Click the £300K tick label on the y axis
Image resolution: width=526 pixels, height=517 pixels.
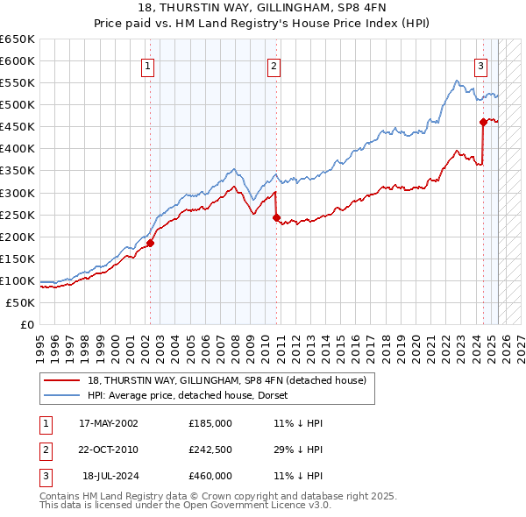pyautogui.click(x=17, y=193)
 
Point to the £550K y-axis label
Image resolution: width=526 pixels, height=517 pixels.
pyautogui.click(x=17, y=83)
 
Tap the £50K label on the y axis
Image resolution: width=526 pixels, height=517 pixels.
pyautogui.click(x=20, y=302)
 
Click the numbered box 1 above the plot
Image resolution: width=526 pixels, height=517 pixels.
pyautogui.click(x=147, y=66)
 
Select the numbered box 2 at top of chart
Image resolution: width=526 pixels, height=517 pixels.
pyautogui.click(x=274, y=66)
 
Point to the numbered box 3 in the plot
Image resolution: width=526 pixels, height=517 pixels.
pyautogui.click(x=481, y=66)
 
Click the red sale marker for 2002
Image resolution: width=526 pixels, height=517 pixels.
pyautogui.click(x=150, y=244)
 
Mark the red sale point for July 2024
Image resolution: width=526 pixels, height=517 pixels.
pyautogui.click(x=483, y=123)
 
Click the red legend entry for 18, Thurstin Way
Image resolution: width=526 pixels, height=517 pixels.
pyautogui.click(x=231, y=380)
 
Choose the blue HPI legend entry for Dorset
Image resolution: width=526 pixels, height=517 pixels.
pyautogui.click(x=194, y=395)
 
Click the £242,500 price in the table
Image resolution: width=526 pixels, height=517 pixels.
pyautogui.click(x=210, y=450)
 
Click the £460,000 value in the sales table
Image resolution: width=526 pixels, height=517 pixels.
pyautogui.click(x=210, y=476)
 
